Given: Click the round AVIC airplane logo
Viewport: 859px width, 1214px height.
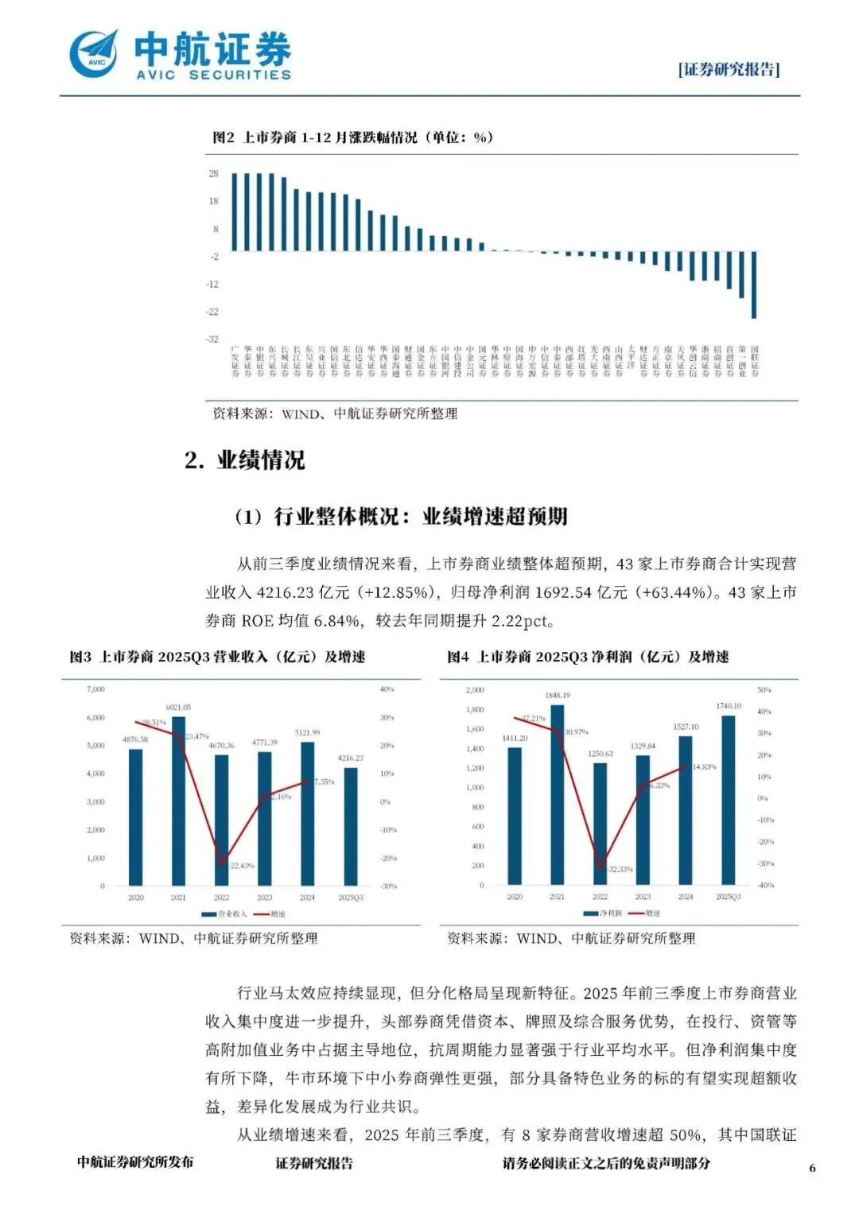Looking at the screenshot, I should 93,54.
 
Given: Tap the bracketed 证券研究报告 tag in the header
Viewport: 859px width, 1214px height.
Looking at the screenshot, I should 729,70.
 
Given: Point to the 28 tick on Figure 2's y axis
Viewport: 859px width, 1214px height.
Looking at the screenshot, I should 213,173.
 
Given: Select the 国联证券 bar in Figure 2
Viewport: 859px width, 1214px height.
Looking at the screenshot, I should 754,284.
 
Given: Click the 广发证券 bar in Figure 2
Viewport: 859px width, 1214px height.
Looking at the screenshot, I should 235,211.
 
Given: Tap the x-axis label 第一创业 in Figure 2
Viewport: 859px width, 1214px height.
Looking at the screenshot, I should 742,361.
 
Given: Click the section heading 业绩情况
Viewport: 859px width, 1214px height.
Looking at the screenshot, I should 260,460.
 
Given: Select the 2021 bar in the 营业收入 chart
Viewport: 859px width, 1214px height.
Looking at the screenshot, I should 178,801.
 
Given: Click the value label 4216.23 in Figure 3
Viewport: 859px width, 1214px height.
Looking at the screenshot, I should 350,758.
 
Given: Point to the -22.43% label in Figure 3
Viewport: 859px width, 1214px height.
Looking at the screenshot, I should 241,865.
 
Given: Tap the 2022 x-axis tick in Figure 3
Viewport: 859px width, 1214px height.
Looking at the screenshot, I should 221,898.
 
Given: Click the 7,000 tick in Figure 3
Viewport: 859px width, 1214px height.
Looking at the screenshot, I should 95,689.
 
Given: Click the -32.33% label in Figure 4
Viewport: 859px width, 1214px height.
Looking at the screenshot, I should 620,869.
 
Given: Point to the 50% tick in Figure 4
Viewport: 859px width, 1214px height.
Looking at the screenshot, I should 764,689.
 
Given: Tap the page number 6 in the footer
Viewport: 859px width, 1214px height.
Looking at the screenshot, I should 812,1168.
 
